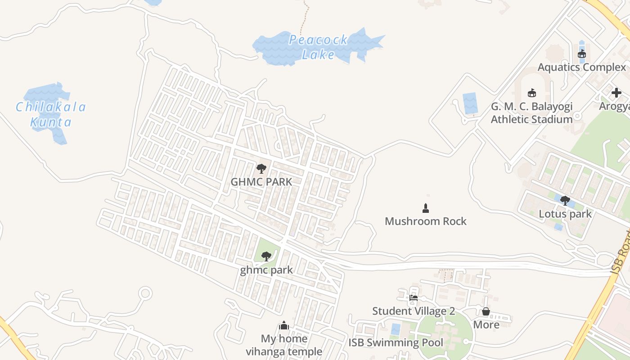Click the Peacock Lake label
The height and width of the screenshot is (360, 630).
tap(318, 47)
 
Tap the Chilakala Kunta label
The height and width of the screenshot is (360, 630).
tap(50, 114)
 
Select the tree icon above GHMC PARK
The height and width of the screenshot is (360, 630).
tap(261, 169)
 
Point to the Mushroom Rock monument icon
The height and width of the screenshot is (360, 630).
tap(425, 208)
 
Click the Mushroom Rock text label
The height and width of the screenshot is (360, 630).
tap(425, 221)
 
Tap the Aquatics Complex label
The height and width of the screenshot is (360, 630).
tap(582, 67)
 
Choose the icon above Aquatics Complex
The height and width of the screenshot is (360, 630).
tap(582, 54)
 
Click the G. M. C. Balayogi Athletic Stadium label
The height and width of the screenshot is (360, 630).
tap(531, 113)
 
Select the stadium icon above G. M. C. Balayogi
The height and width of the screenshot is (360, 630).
tap(531, 93)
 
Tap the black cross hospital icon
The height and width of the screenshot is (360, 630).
tap(616, 93)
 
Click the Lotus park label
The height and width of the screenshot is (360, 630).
tap(565, 214)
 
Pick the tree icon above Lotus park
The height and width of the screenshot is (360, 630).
tap(565, 201)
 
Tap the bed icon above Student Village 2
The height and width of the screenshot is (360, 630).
tap(414, 297)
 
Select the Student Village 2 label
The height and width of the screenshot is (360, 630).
tap(414, 311)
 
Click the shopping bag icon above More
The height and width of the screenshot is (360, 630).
tap(486, 311)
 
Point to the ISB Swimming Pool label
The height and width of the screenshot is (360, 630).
tap(396, 343)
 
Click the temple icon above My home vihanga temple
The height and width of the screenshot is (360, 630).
tap(284, 325)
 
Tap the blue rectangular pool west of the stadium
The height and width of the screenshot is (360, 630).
tap(470, 103)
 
